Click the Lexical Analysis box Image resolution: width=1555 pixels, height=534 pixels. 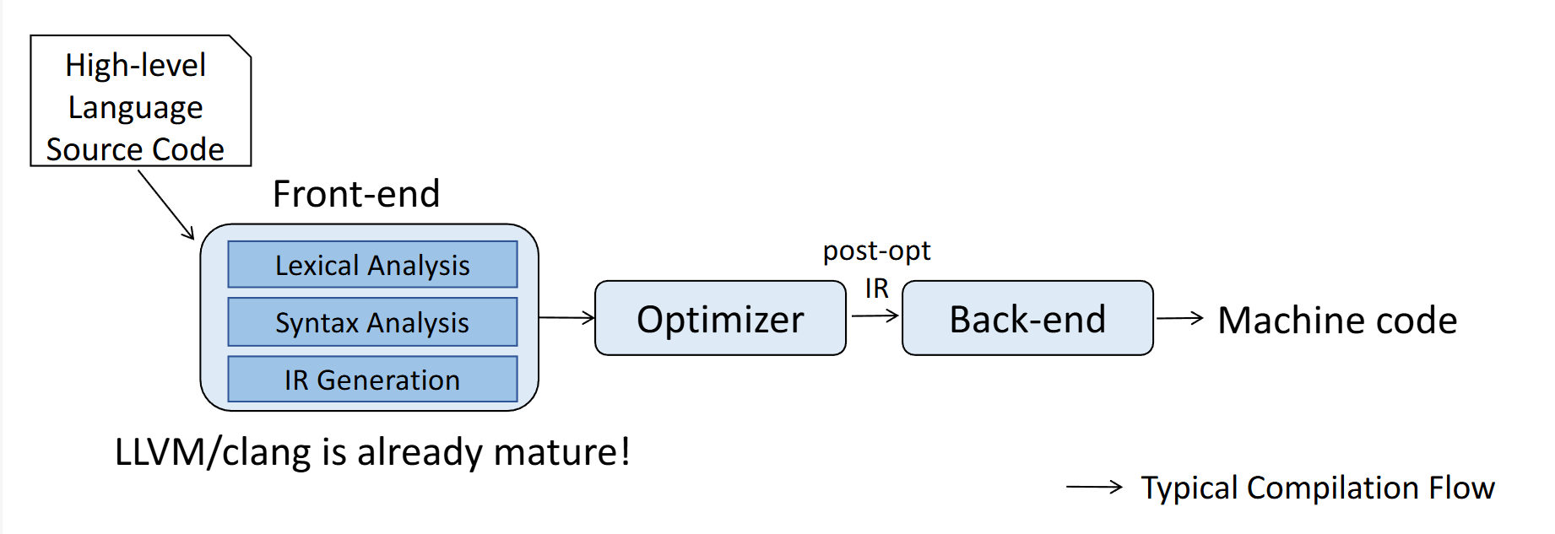[372, 265]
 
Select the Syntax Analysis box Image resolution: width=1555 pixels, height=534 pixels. [372, 322]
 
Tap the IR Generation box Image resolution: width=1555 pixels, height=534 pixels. [372, 380]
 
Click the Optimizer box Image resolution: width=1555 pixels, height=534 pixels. [720, 319]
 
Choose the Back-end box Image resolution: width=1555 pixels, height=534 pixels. [1027, 319]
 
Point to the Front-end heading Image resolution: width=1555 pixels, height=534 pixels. [356, 194]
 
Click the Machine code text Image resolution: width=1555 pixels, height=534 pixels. [1337, 321]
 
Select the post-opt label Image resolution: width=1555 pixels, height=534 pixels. [876, 251]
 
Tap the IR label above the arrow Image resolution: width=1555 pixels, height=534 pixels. [876, 289]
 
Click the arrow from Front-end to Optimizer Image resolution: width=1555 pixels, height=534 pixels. [566, 318]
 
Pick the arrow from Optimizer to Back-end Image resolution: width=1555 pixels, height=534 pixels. [875, 316]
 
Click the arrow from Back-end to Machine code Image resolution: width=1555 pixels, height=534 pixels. [1179, 318]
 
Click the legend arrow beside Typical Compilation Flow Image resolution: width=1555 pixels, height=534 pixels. [1094, 487]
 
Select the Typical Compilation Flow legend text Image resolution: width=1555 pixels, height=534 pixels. [1318, 488]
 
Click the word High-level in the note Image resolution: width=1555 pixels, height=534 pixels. [136, 65]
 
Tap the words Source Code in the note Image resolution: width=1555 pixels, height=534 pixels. [135, 149]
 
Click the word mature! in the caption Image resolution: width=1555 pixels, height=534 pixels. [561, 452]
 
